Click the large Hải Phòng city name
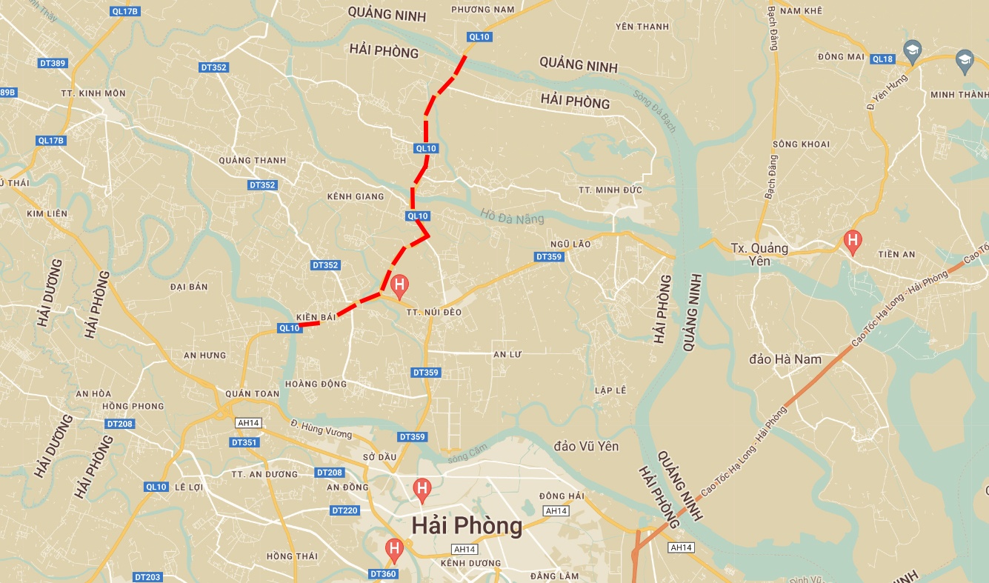click(467, 526)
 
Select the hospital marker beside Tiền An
click(853, 241)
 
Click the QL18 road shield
click(882, 59)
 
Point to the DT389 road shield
click(53, 63)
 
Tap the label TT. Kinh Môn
click(93, 93)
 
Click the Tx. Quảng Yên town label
click(759, 254)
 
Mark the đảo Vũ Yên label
click(586, 447)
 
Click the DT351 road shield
click(244, 442)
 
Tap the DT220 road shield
click(344, 510)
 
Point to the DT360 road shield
click(383, 573)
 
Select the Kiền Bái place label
click(316, 316)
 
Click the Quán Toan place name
click(252, 393)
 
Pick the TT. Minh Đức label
click(610, 190)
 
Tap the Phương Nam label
click(483, 9)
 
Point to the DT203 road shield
click(147, 577)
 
